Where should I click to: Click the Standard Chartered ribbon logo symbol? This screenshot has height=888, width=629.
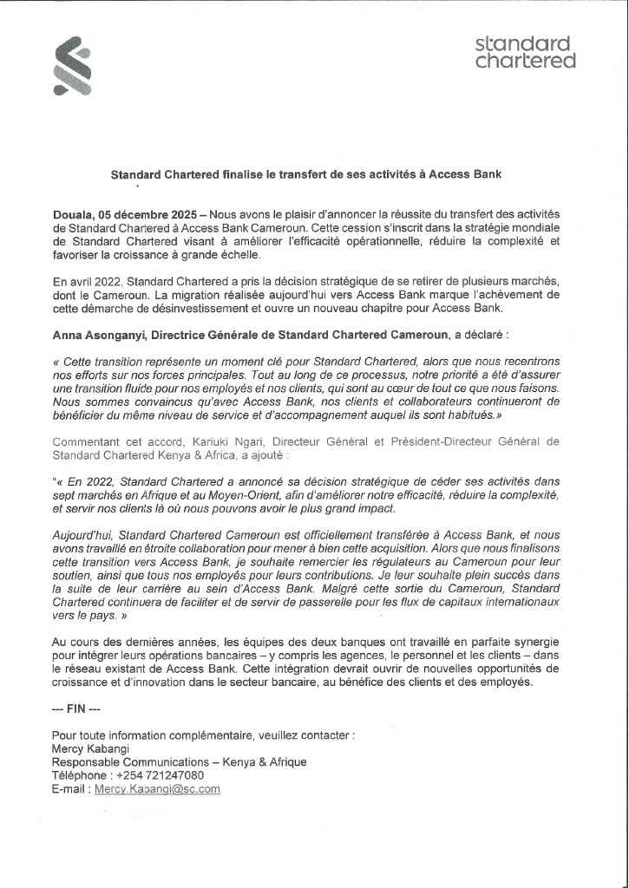[73, 65]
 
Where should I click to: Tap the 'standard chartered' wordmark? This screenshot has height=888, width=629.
[526, 52]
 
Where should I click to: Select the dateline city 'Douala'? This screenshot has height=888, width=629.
[72, 213]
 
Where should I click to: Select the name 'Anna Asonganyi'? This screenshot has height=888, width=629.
[99, 335]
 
